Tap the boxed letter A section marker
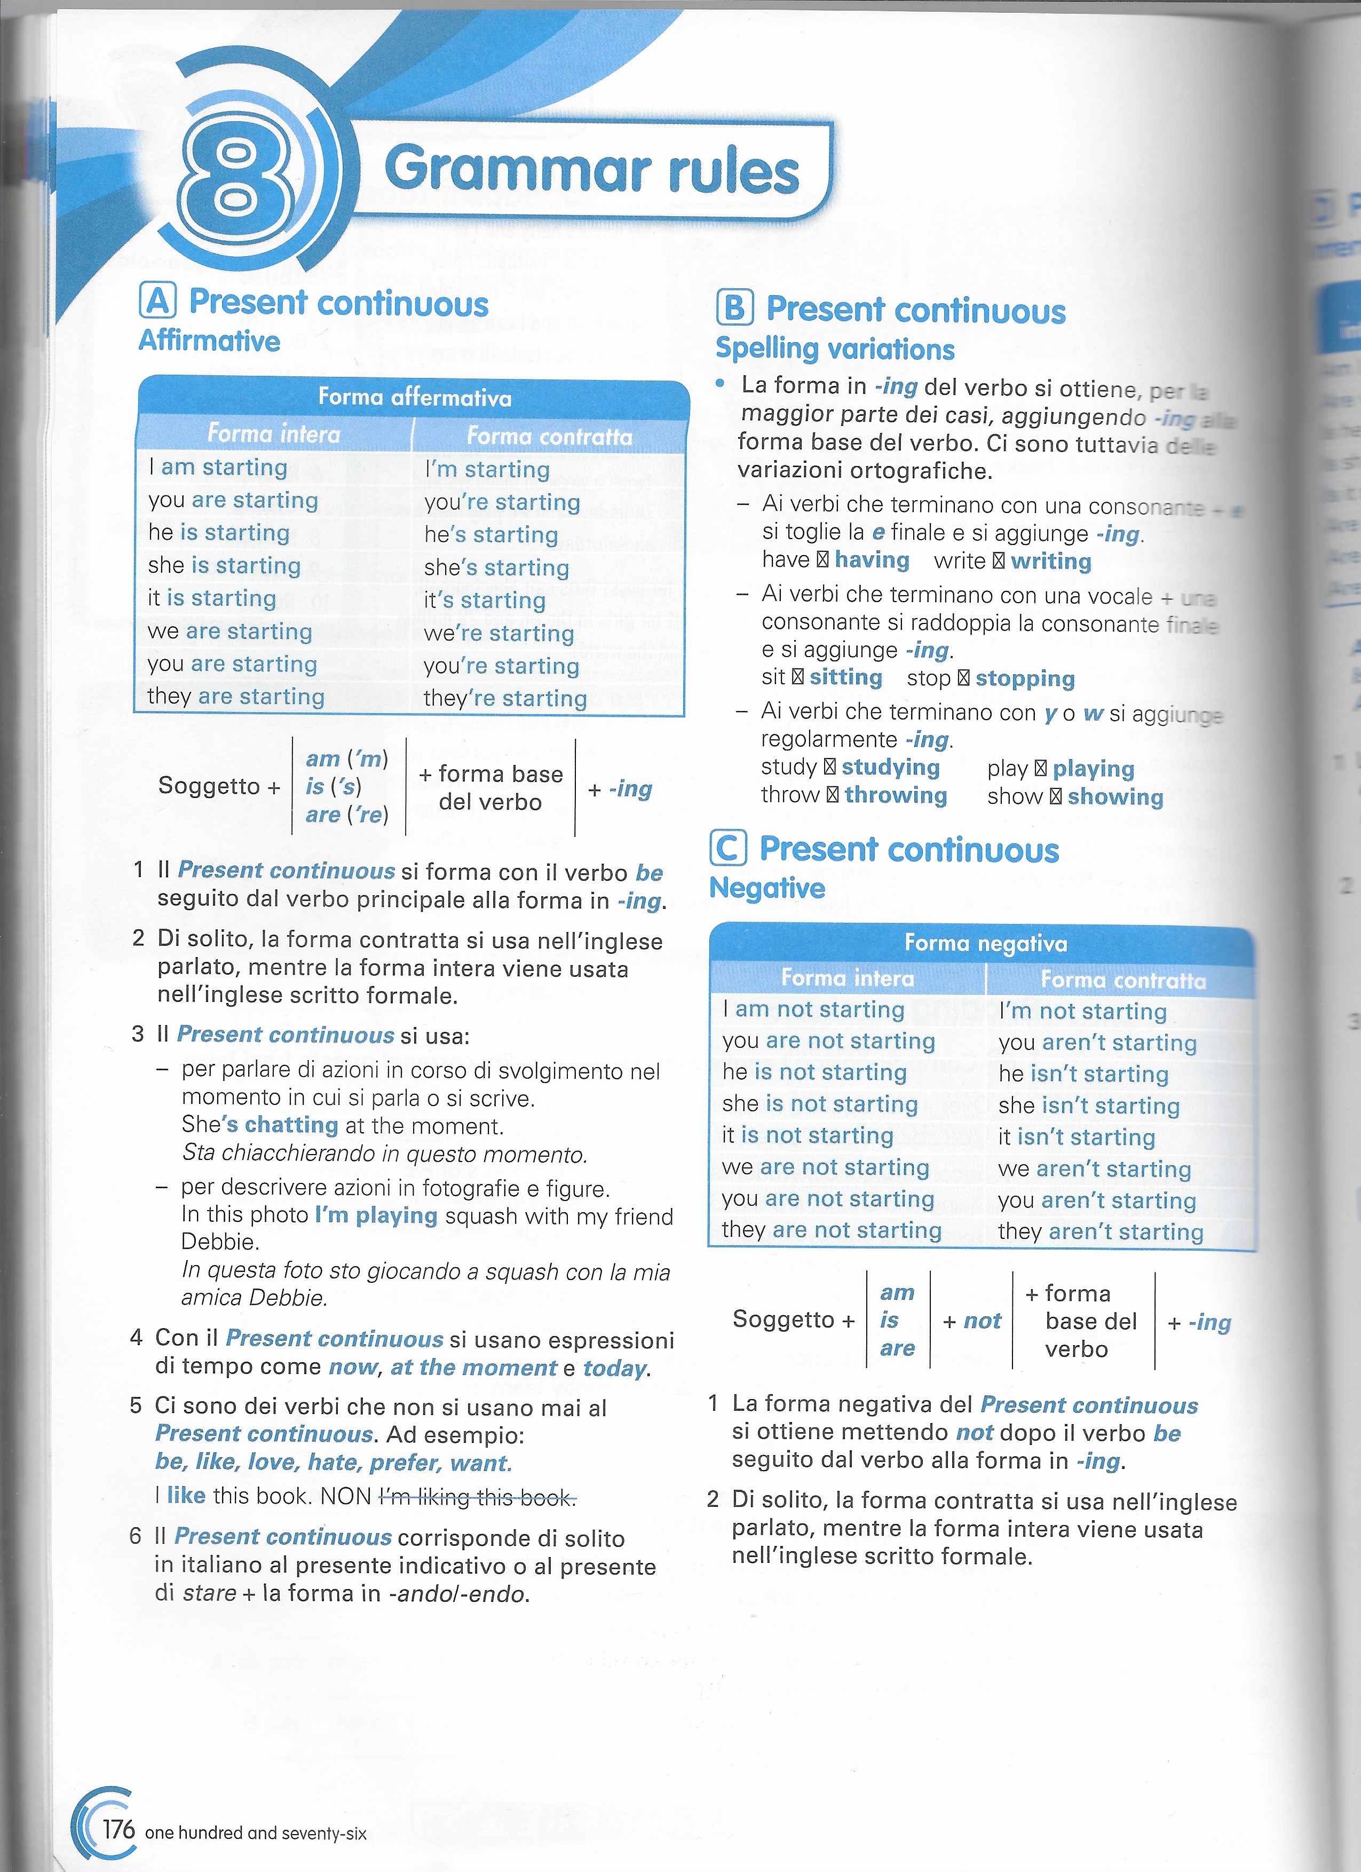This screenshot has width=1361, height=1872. (157, 301)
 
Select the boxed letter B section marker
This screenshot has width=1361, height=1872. (734, 308)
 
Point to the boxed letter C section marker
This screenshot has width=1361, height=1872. (728, 849)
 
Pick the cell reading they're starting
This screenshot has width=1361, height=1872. (504, 698)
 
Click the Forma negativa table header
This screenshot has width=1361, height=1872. (985, 943)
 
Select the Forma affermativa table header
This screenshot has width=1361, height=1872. (414, 397)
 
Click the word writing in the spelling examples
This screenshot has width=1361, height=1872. (1051, 561)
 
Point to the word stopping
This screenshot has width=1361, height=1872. (1025, 678)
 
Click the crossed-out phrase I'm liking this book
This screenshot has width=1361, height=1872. (477, 1496)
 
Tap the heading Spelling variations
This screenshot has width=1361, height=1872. (834, 349)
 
